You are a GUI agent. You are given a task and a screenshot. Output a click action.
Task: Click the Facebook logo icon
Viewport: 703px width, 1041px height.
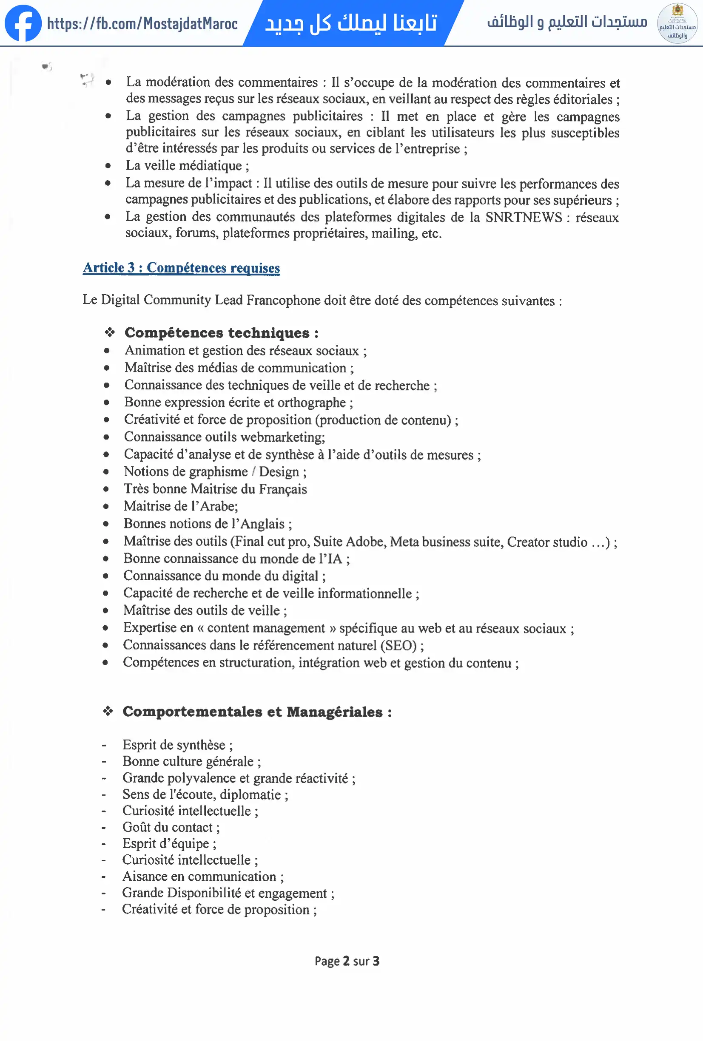tap(23, 23)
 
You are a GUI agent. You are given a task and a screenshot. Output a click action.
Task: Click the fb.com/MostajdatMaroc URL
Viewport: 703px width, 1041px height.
tap(142, 23)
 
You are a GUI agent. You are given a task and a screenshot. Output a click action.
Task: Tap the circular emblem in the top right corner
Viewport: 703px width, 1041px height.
tap(677, 23)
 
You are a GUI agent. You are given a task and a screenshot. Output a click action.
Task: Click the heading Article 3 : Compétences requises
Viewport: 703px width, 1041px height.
tap(182, 267)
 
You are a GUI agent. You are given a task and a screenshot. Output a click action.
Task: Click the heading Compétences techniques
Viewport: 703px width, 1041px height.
tap(221, 333)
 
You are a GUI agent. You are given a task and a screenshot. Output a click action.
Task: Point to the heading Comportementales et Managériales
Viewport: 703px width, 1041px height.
tap(257, 712)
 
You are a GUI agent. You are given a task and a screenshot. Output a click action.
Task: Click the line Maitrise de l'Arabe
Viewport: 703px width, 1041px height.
tap(181, 506)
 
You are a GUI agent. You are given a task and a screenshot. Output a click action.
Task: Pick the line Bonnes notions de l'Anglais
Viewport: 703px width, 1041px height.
tap(208, 524)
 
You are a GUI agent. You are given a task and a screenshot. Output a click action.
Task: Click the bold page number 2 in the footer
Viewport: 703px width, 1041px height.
tap(346, 961)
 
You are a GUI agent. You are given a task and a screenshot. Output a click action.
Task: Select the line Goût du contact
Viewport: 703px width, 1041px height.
tap(171, 827)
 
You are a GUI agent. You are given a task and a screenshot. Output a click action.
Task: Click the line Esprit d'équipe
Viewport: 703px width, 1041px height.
tap(169, 844)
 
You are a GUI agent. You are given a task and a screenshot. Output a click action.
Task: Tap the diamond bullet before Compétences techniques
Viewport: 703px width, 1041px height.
tap(110, 332)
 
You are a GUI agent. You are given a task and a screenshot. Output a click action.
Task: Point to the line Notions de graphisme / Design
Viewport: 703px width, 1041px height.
tap(215, 472)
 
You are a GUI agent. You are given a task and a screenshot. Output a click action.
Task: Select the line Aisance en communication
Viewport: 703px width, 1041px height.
tap(202, 876)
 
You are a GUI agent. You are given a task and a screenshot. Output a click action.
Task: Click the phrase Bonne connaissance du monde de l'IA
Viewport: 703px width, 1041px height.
tap(236, 559)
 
